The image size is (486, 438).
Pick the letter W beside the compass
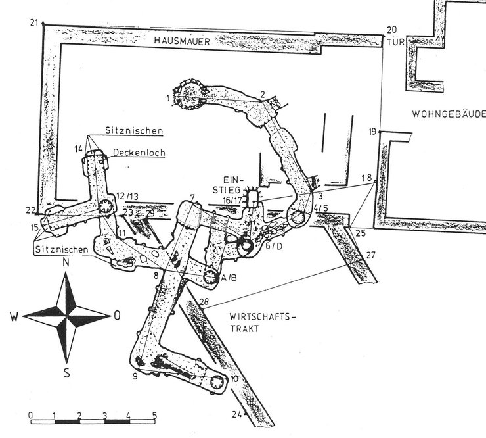(14, 316)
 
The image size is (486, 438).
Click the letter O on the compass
(117, 315)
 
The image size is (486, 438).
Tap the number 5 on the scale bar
(154, 415)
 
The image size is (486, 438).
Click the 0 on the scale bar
(32, 415)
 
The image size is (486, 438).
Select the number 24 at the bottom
(236, 414)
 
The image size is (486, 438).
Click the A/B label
(229, 279)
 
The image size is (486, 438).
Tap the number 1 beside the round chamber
(168, 98)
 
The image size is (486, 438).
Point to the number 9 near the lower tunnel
(134, 376)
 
